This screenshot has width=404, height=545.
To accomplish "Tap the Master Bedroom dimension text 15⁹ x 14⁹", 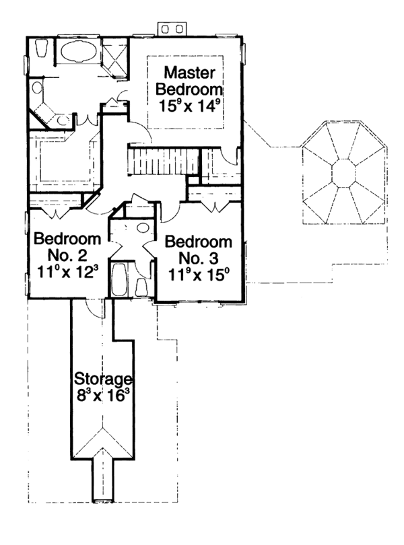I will tap(190, 105).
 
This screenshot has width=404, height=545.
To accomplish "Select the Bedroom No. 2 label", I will tap(67, 247).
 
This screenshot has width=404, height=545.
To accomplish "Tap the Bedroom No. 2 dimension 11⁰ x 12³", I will tap(67, 274).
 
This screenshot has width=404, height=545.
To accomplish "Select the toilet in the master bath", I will tap(41, 50).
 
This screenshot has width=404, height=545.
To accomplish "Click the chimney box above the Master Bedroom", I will tap(170, 28).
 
